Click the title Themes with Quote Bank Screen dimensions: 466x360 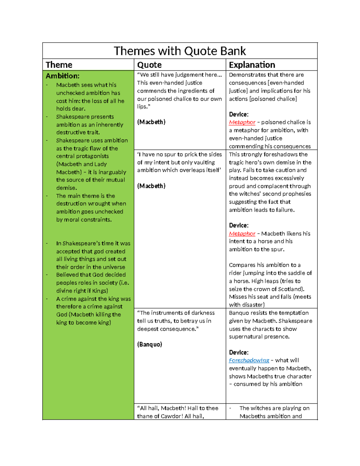point(180,51)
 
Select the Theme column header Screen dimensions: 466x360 point(59,65)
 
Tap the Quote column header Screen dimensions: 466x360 point(149,65)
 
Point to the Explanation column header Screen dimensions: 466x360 point(252,65)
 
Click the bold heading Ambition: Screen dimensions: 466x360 point(62,76)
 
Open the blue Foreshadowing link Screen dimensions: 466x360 point(249,360)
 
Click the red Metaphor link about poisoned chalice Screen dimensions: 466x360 point(242,122)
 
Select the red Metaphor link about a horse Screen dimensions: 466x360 point(242,233)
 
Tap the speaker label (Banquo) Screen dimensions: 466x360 point(149,344)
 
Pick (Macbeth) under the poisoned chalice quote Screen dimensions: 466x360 point(151,122)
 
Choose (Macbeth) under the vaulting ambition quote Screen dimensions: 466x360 point(151,186)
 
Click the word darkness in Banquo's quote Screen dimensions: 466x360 point(202,313)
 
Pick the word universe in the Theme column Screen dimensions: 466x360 point(114,267)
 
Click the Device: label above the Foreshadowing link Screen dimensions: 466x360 point(239,352)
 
